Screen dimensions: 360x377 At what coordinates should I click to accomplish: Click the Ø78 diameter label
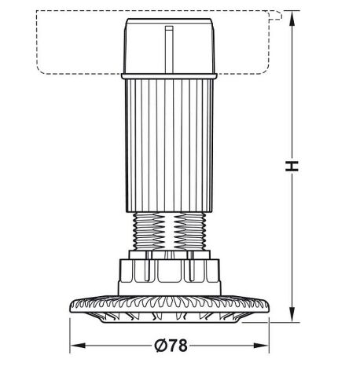click(x=171, y=346)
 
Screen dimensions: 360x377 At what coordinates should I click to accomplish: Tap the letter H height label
click(x=292, y=167)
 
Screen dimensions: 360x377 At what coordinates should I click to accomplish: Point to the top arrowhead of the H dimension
click(x=292, y=18)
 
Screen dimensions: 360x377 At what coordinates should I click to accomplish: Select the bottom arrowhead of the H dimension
click(x=292, y=314)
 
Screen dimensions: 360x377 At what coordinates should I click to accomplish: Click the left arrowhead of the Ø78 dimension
click(x=78, y=346)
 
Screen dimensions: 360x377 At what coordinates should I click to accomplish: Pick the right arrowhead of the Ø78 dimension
click(x=261, y=346)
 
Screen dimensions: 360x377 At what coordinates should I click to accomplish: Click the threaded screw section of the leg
click(x=169, y=231)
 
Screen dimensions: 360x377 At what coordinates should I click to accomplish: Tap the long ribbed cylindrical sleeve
click(x=169, y=145)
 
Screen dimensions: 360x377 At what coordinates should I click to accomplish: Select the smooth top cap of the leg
click(x=169, y=46)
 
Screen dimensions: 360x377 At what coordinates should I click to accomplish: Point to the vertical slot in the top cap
click(x=169, y=49)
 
